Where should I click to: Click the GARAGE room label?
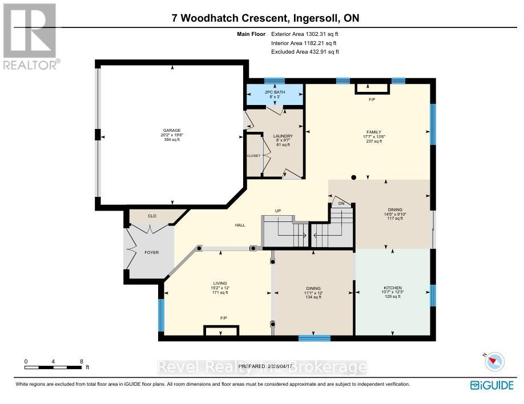click(x=172, y=131)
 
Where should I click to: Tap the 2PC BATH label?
click(x=275, y=92)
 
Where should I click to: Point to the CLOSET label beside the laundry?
click(x=253, y=156)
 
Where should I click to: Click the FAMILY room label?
click(x=373, y=132)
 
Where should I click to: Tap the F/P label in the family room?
click(x=372, y=100)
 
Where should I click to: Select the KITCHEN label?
click(x=393, y=288)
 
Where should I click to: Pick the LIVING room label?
click(x=220, y=283)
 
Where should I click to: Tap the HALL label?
click(x=240, y=225)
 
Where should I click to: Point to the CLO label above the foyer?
click(x=152, y=216)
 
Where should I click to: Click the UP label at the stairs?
click(x=279, y=211)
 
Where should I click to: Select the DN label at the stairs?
click(x=341, y=203)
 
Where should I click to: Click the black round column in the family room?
click(x=354, y=177)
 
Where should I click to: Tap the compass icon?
click(x=494, y=361)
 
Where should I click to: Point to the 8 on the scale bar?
click(x=81, y=362)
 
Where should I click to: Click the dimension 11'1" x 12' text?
click(x=313, y=293)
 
